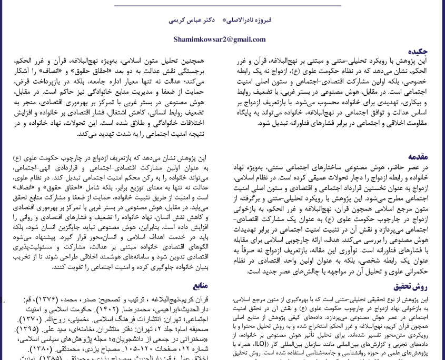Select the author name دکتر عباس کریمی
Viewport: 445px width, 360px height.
click(x=193, y=19)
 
